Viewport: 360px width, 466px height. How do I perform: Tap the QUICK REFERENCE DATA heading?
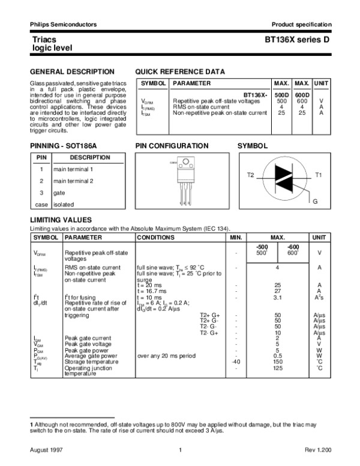[x=181, y=71]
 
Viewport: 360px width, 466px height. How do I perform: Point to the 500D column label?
[x=281, y=95]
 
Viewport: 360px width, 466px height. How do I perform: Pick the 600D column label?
[x=302, y=95]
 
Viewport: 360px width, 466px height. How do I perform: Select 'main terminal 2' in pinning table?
[x=73, y=181]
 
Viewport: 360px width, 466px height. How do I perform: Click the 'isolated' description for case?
[x=64, y=204]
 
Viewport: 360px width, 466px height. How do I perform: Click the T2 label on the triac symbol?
[x=251, y=175]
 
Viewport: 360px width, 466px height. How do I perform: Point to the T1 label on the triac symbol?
[x=319, y=175]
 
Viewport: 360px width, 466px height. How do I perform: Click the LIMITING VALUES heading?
[x=61, y=220]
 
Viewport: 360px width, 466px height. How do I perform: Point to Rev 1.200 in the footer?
[x=318, y=450]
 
